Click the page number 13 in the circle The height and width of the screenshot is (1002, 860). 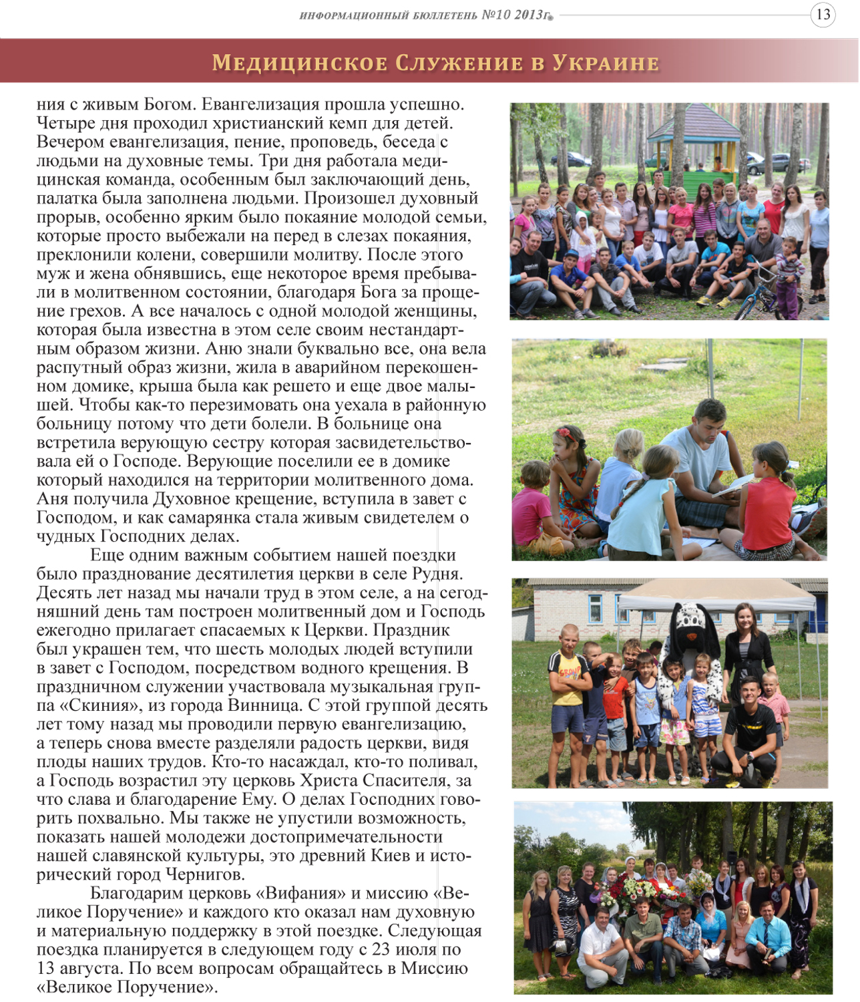pos(823,15)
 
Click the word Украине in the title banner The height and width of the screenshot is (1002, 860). pos(605,63)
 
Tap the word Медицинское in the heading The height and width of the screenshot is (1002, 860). pos(300,63)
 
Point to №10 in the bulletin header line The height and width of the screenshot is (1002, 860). pos(495,15)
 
